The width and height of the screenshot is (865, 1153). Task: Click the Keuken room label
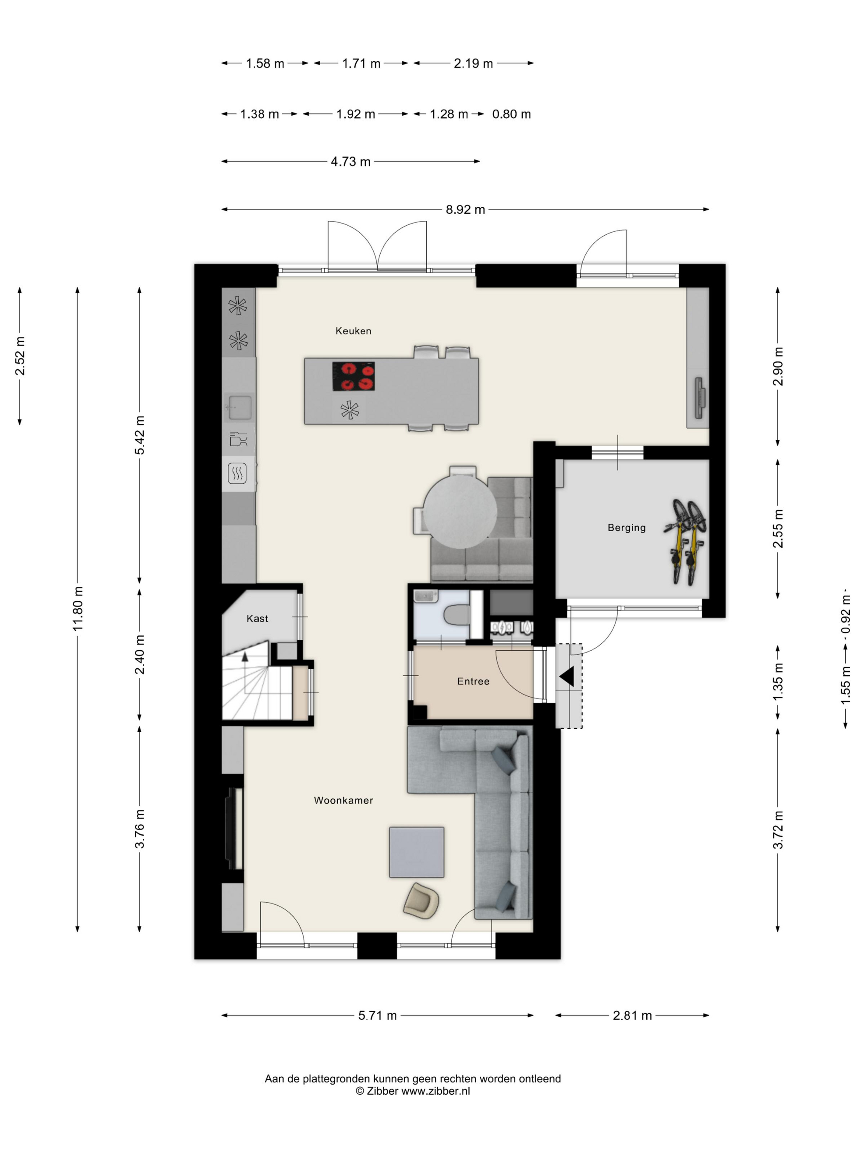point(353,331)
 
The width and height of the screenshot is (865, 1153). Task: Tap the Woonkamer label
point(343,800)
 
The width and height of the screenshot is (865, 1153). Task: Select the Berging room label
point(626,528)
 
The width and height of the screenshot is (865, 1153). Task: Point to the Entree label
point(473,681)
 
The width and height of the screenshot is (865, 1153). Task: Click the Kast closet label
point(257,619)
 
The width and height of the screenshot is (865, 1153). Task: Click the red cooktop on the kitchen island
point(353,376)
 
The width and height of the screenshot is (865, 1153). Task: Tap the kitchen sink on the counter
point(239,407)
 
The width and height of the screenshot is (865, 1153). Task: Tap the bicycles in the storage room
point(685,542)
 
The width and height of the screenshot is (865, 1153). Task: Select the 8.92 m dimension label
point(465,210)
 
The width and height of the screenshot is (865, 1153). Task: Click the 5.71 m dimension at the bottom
point(377,1015)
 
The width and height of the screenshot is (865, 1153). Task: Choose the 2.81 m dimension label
point(632,1015)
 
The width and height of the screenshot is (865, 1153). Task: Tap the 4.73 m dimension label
point(351,161)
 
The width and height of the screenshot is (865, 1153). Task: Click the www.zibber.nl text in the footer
point(435,1091)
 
